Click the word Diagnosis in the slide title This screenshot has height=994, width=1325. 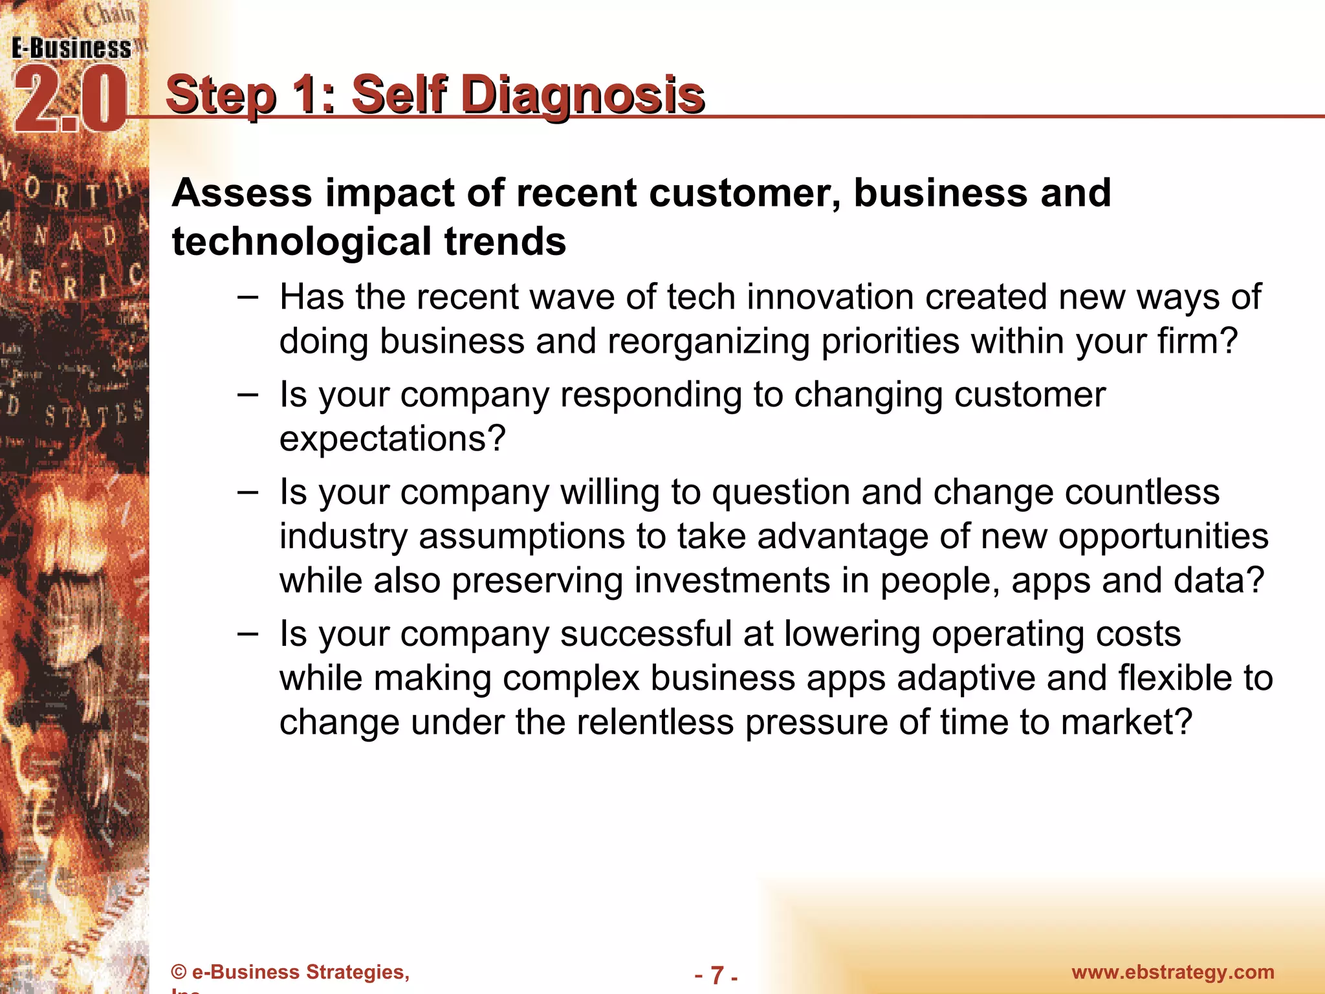583,95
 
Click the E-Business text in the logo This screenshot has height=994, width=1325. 71,49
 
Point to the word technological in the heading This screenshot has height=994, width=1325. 301,241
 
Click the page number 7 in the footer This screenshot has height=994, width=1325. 717,974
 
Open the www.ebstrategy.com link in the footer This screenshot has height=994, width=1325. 1172,972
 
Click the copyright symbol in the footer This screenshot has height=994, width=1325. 179,973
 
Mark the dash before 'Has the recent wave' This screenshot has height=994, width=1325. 247,298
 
